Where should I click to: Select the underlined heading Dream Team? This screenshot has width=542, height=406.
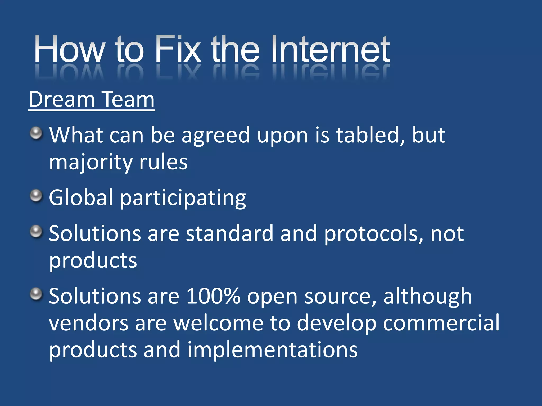click(92, 100)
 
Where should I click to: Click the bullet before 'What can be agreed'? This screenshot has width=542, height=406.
click(36, 133)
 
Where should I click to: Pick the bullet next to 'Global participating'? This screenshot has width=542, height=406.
click(36, 196)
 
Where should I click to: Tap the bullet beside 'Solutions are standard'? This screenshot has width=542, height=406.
click(36, 232)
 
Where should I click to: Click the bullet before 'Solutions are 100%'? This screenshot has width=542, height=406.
click(36, 294)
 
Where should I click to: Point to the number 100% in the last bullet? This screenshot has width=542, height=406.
click(213, 296)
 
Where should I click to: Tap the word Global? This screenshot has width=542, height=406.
click(81, 197)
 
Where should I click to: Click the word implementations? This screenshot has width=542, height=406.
click(272, 350)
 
